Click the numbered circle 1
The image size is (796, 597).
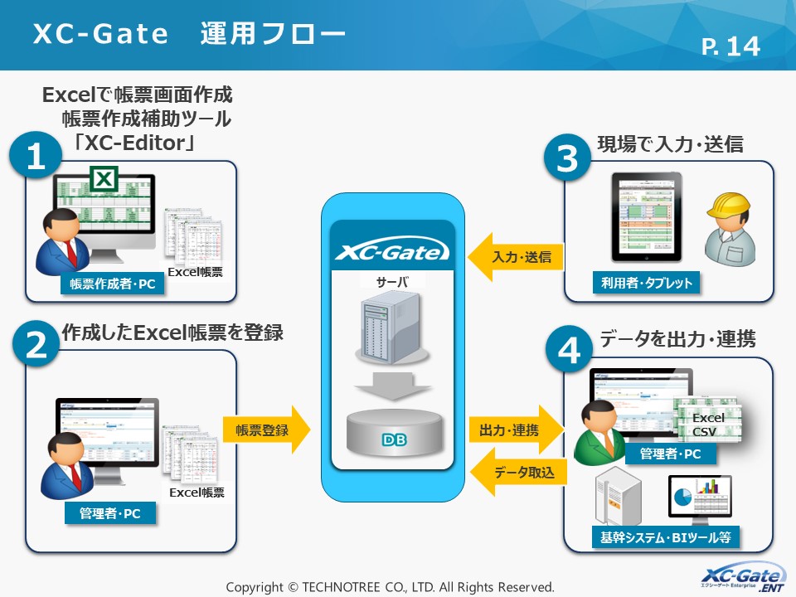36,159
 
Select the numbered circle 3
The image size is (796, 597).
568,159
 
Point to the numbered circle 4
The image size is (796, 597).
568,352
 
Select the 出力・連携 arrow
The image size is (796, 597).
516,430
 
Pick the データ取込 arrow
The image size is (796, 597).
516,473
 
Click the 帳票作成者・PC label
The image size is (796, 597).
112,284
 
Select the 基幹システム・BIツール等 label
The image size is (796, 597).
666,537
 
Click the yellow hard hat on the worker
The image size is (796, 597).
728,209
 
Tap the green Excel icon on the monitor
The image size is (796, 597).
104,178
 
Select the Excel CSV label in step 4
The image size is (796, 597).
708,425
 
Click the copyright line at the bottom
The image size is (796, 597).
390,586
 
